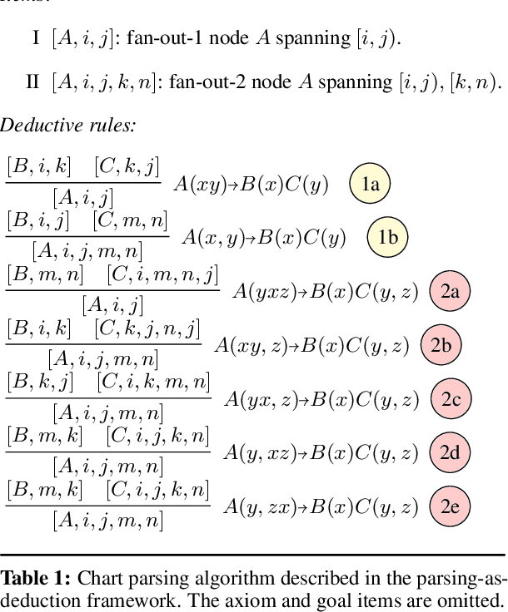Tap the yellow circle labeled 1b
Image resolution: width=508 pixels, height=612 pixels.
(x=388, y=238)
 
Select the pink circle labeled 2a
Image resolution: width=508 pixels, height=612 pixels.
(x=450, y=291)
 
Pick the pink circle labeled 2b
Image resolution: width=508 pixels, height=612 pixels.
(x=441, y=346)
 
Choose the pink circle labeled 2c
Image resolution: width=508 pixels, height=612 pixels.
(x=451, y=400)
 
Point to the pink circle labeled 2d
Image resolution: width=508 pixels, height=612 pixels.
(x=451, y=454)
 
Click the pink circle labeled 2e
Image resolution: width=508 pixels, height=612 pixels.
(x=451, y=507)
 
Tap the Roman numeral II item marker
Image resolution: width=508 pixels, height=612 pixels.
(x=33, y=81)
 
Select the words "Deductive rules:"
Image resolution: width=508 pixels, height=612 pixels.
(x=67, y=126)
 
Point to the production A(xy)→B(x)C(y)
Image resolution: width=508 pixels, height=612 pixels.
(x=251, y=185)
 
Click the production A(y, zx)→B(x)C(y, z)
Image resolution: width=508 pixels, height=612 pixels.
(x=321, y=508)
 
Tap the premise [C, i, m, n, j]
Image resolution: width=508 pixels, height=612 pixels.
(x=162, y=274)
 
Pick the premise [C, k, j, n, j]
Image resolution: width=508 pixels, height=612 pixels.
(x=147, y=328)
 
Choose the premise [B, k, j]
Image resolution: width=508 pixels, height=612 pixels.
(x=40, y=382)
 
